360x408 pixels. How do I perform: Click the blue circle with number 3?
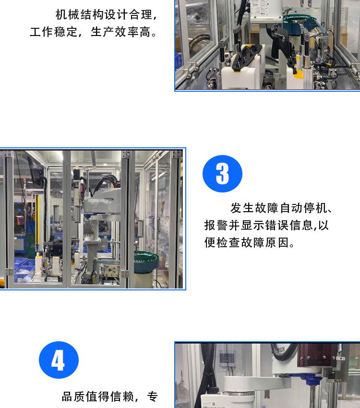point(222,174)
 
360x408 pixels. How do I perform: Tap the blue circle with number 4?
point(59,360)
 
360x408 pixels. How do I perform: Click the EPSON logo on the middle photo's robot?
point(109,199)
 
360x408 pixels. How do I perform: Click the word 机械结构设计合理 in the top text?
point(104,14)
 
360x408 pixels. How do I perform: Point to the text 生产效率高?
point(121,32)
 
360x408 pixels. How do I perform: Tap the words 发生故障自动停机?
point(278,208)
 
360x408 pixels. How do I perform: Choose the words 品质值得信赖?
point(98,396)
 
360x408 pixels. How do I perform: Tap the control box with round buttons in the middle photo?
point(111,271)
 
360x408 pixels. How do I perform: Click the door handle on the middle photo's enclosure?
point(141,228)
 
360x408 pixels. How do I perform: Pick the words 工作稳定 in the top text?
point(54,32)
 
